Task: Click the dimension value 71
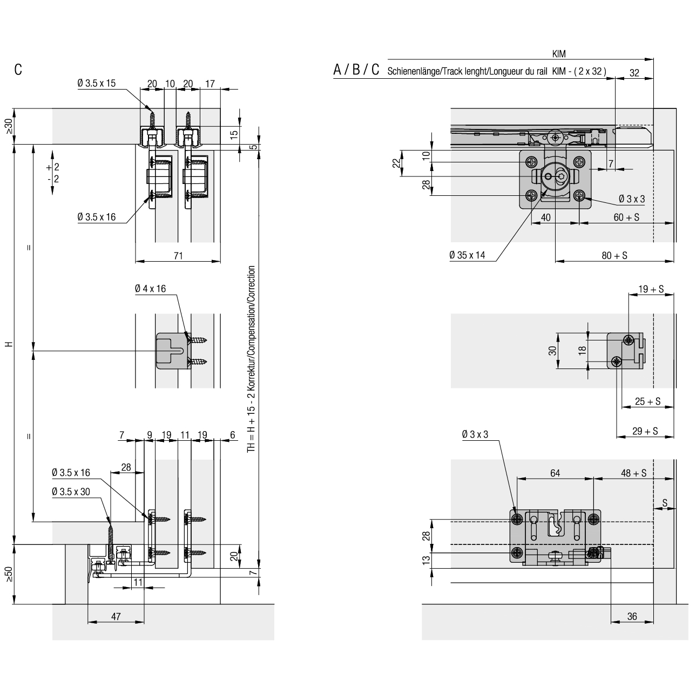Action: click(x=178, y=256)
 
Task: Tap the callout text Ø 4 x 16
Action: click(x=151, y=289)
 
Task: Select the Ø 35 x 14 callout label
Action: click(x=467, y=255)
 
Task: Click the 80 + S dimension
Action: click(x=614, y=256)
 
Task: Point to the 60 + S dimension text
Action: click(x=626, y=217)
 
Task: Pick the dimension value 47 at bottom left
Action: click(x=116, y=617)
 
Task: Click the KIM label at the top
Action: click(x=559, y=54)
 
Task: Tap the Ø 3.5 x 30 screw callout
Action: click(x=71, y=492)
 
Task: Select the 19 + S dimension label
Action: click(x=651, y=289)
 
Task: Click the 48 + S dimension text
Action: click(x=633, y=473)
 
